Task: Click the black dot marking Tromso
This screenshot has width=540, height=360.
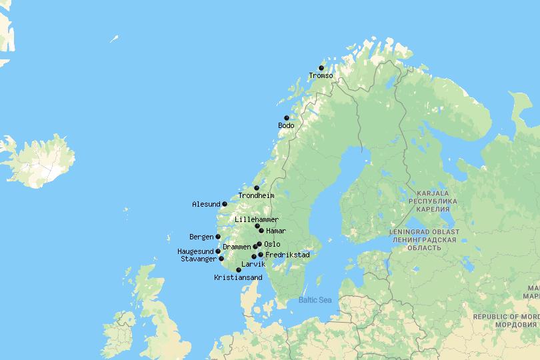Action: pyautogui.click(x=321, y=68)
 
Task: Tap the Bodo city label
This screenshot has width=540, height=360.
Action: pyautogui.click(x=286, y=125)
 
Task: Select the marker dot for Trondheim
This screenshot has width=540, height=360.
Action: pyautogui.click(x=257, y=188)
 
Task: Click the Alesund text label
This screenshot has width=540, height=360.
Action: pyautogui.click(x=205, y=204)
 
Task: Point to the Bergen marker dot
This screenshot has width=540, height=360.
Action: pyautogui.click(x=218, y=237)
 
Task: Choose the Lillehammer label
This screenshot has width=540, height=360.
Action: pyautogui.click(x=257, y=219)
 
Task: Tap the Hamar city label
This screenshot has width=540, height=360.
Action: pyautogui.click(x=275, y=231)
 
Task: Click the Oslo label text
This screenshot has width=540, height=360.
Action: pyautogui.click(x=272, y=244)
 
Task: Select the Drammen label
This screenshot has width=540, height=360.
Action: pyautogui.click(x=237, y=247)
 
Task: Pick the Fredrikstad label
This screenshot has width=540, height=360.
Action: pyautogui.click(x=287, y=255)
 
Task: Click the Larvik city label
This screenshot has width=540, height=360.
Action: pyautogui.click(x=254, y=264)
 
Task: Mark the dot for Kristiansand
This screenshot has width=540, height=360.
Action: pyautogui.click(x=239, y=270)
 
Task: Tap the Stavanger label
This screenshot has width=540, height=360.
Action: pyautogui.click(x=199, y=259)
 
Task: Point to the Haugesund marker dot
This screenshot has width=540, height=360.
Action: pyautogui.click(x=218, y=251)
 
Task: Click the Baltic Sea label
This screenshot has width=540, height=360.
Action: pyautogui.click(x=315, y=300)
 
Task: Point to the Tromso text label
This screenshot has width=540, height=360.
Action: pyautogui.click(x=321, y=75)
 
